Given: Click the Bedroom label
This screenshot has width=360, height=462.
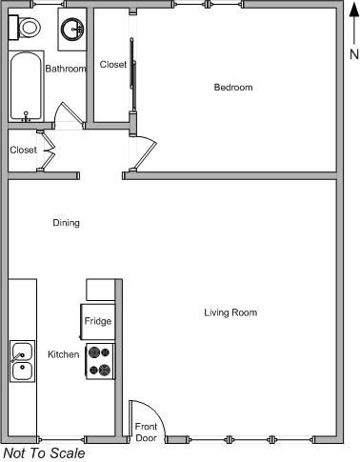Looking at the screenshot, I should (232, 88).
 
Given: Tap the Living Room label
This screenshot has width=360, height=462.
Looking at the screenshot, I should (230, 312).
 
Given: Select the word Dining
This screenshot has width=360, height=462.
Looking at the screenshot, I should (66, 223).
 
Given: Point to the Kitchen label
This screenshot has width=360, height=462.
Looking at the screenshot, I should (64, 354).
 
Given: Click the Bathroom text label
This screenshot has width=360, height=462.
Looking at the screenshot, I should (66, 69).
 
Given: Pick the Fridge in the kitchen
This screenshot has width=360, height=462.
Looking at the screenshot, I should (98, 321).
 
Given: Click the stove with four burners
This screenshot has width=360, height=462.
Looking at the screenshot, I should (99, 361).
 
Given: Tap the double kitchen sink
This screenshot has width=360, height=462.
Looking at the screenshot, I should (22, 360).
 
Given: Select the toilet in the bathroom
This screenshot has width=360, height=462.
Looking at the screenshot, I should (29, 28).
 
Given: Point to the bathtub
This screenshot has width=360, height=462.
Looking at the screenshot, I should (26, 87).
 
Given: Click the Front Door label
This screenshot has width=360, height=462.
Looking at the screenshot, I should (146, 432).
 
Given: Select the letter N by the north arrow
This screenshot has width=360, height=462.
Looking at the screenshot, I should (353, 54).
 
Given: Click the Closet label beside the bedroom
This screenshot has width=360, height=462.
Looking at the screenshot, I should (113, 65).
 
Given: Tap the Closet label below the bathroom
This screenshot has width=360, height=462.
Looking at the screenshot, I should (24, 150).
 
